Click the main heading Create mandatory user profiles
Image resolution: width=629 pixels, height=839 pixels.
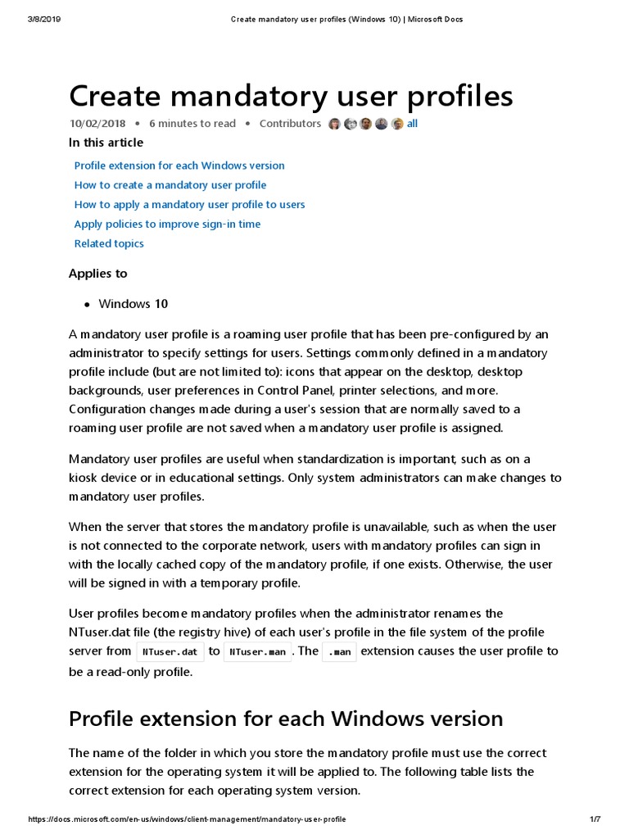pos(291,96)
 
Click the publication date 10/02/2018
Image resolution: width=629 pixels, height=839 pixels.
pos(97,124)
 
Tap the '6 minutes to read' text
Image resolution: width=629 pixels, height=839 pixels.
pos(192,124)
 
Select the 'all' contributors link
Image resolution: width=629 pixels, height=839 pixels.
pos(412,124)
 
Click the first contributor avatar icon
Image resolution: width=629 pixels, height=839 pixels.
pos(334,124)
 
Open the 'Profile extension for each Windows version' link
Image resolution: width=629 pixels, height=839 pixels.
pos(179,166)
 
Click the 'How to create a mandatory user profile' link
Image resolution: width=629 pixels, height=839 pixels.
pos(170,185)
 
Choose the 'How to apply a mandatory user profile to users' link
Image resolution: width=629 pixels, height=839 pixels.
pos(189,205)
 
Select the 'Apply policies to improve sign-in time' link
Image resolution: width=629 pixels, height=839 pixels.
pos(167,224)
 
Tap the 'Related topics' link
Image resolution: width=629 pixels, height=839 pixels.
pos(109,243)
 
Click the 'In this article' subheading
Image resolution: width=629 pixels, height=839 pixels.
pos(106,143)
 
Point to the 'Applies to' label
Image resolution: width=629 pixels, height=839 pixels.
pos(97,274)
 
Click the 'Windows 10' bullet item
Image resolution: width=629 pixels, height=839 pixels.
pos(133,304)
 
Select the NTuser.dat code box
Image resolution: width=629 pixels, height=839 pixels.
pos(170,652)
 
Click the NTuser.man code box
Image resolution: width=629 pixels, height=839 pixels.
pos(257,652)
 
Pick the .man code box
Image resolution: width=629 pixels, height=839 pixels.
pos(339,652)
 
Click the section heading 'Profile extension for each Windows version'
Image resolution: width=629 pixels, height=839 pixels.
pos(285,719)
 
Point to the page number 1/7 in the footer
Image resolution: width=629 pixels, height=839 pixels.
pos(595,819)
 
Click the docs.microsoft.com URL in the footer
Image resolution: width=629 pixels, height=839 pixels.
pos(187,819)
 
